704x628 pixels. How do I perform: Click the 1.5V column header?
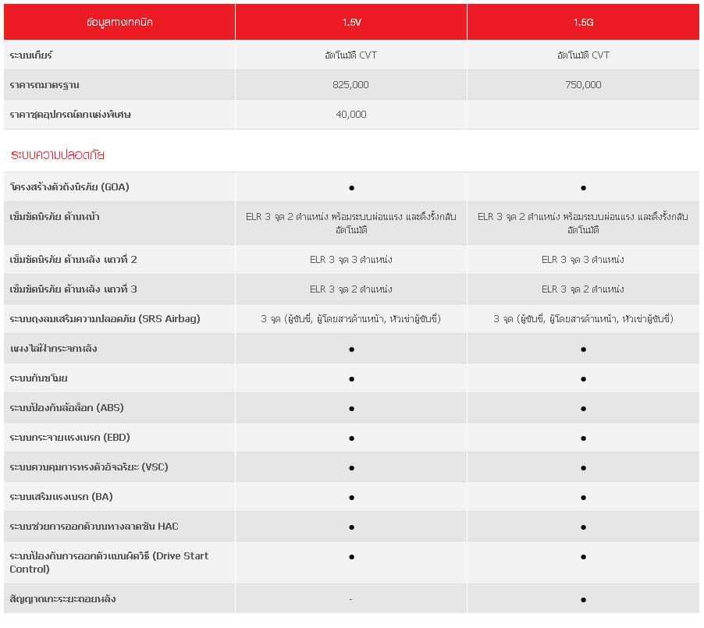(351, 23)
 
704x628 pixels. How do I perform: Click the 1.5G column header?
(583, 23)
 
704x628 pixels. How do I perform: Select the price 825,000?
(351, 85)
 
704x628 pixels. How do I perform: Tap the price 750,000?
(583, 85)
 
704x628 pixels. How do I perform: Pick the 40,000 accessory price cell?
(351, 115)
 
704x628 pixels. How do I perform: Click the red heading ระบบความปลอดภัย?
(58, 155)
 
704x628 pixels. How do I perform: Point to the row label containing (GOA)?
(69, 187)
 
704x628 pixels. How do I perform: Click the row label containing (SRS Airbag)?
(105, 319)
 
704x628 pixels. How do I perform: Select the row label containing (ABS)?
(66, 408)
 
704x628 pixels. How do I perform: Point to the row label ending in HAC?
(94, 527)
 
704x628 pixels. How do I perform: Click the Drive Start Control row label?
(108, 562)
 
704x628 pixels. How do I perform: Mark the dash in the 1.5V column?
(351, 599)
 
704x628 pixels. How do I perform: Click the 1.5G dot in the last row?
(583, 599)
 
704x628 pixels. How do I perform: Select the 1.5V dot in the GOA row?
(351, 188)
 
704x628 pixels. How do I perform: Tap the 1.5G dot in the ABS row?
(583, 408)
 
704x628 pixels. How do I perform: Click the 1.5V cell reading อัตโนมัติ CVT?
(351, 55)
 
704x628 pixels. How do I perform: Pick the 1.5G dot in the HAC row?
(583, 527)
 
